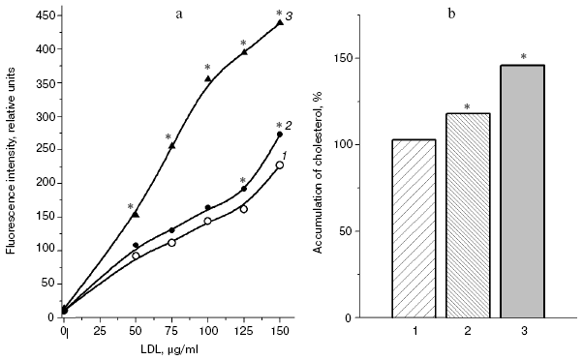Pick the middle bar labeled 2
[x=469, y=215]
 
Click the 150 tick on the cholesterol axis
[x=353, y=58]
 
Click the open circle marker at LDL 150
[x=280, y=165]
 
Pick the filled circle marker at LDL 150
[x=280, y=135]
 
